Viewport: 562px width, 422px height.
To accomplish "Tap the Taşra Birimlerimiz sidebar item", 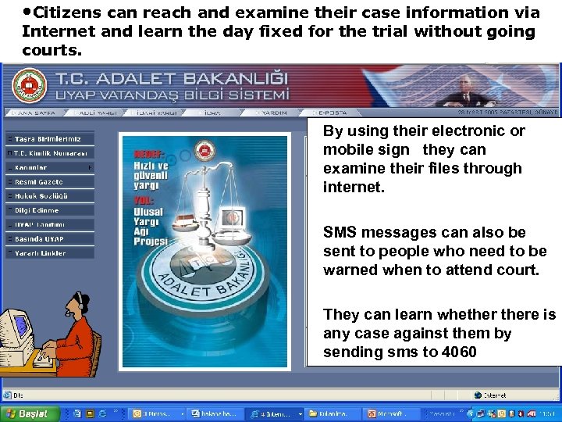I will coord(50,138).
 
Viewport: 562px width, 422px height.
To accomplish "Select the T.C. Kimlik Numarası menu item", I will coord(50,152).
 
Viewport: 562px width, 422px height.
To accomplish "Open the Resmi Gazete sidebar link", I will coord(50,181).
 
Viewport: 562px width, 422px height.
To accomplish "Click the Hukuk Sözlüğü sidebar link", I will coord(50,195).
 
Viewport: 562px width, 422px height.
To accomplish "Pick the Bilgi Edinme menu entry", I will coord(50,210).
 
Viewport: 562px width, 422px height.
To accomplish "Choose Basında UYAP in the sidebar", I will coord(50,238).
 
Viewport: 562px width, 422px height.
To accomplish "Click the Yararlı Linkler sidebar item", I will coord(50,253).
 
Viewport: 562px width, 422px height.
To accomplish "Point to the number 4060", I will coord(459,352).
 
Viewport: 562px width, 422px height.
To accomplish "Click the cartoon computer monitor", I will coord(19,328).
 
